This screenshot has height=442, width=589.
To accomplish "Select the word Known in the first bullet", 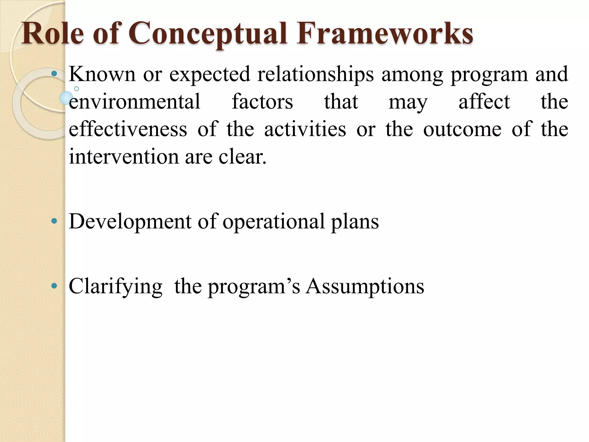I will (102, 74).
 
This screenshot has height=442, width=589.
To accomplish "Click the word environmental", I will (134, 102).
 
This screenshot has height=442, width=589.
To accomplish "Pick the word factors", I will (262, 102).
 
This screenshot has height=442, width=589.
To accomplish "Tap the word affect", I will (484, 102).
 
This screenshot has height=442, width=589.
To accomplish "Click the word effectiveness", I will (128, 129).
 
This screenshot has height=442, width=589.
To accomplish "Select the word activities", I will (305, 129).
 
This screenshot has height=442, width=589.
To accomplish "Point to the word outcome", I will (462, 129).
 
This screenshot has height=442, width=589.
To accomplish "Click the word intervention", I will (124, 157).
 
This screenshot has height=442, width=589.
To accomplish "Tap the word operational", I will (273, 222).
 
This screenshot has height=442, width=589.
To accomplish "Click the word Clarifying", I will (115, 287).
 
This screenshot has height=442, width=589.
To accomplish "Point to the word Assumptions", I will (365, 287).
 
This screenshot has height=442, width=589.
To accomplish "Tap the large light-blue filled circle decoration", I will (66, 98).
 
